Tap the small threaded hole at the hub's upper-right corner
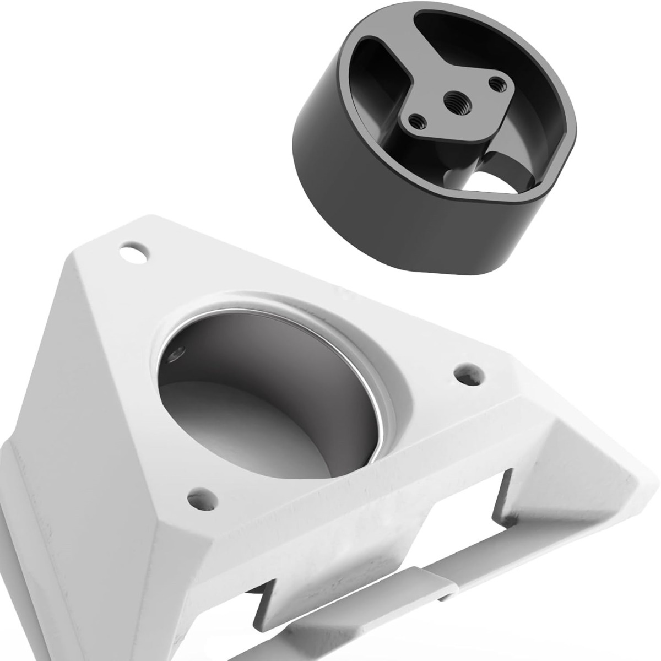(x=499, y=83)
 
